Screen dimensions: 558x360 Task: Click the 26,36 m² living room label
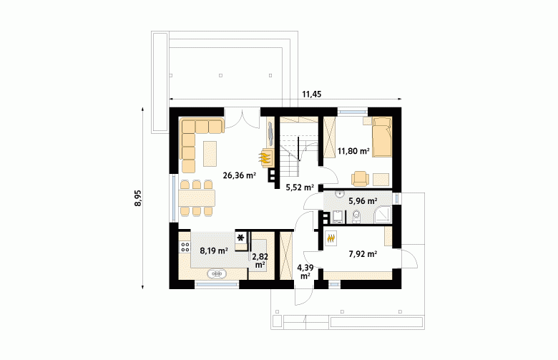tap(240, 175)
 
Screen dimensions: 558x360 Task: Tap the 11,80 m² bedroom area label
tap(353, 151)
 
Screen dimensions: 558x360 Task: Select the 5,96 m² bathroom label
tap(363, 201)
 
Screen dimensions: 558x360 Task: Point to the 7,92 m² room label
tap(363, 254)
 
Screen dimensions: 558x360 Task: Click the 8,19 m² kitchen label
tap(214, 250)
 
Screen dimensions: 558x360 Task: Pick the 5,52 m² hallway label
tap(300, 188)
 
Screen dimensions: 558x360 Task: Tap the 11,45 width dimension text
tap(312, 94)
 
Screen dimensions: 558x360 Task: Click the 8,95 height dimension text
tap(138, 198)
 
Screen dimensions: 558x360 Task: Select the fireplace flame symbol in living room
tap(265, 157)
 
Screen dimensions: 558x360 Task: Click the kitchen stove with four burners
tap(185, 246)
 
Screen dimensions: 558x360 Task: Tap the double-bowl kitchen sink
tap(217, 273)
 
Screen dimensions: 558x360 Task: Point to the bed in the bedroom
tap(382, 137)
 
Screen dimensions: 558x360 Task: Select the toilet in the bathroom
tap(356, 216)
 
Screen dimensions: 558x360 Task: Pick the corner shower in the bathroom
tap(382, 215)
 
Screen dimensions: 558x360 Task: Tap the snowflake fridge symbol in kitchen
tap(241, 238)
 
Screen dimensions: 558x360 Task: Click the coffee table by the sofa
tap(210, 153)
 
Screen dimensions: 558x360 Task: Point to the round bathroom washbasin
tap(341, 194)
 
